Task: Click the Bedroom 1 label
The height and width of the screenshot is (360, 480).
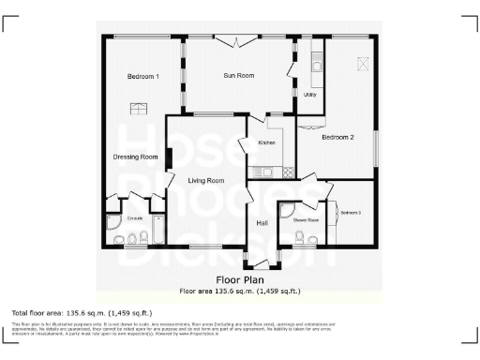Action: pyautogui.click(x=143, y=76)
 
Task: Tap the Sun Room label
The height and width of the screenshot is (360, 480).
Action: pyautogui.click(x=238, y=75)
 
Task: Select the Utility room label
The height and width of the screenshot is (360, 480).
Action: pyautogui.click(x=309, y=96)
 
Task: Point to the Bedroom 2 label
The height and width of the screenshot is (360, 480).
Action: pyautogui.click(x=337, y=138)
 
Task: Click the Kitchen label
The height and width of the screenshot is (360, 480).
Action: pyautogui.click(x=266, y=142)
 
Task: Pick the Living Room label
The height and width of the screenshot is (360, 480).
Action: pyautogui.click(x=205, y=180)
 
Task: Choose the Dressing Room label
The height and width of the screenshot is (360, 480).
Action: pyautogui.click(x=135, y=157)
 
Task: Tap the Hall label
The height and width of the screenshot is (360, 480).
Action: pyautogui.click(x=262, y=222)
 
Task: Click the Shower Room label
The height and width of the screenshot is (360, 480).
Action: pyautogui.click(x=307, y=221)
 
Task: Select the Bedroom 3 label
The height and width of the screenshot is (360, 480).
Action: pyautogui.click(x=351, y=213)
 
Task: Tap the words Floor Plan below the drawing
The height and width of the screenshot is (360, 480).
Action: pyautogui.click(x=239, y=280)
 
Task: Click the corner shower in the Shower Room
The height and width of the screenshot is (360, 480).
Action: pyautogui.click(x=286, y=212)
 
